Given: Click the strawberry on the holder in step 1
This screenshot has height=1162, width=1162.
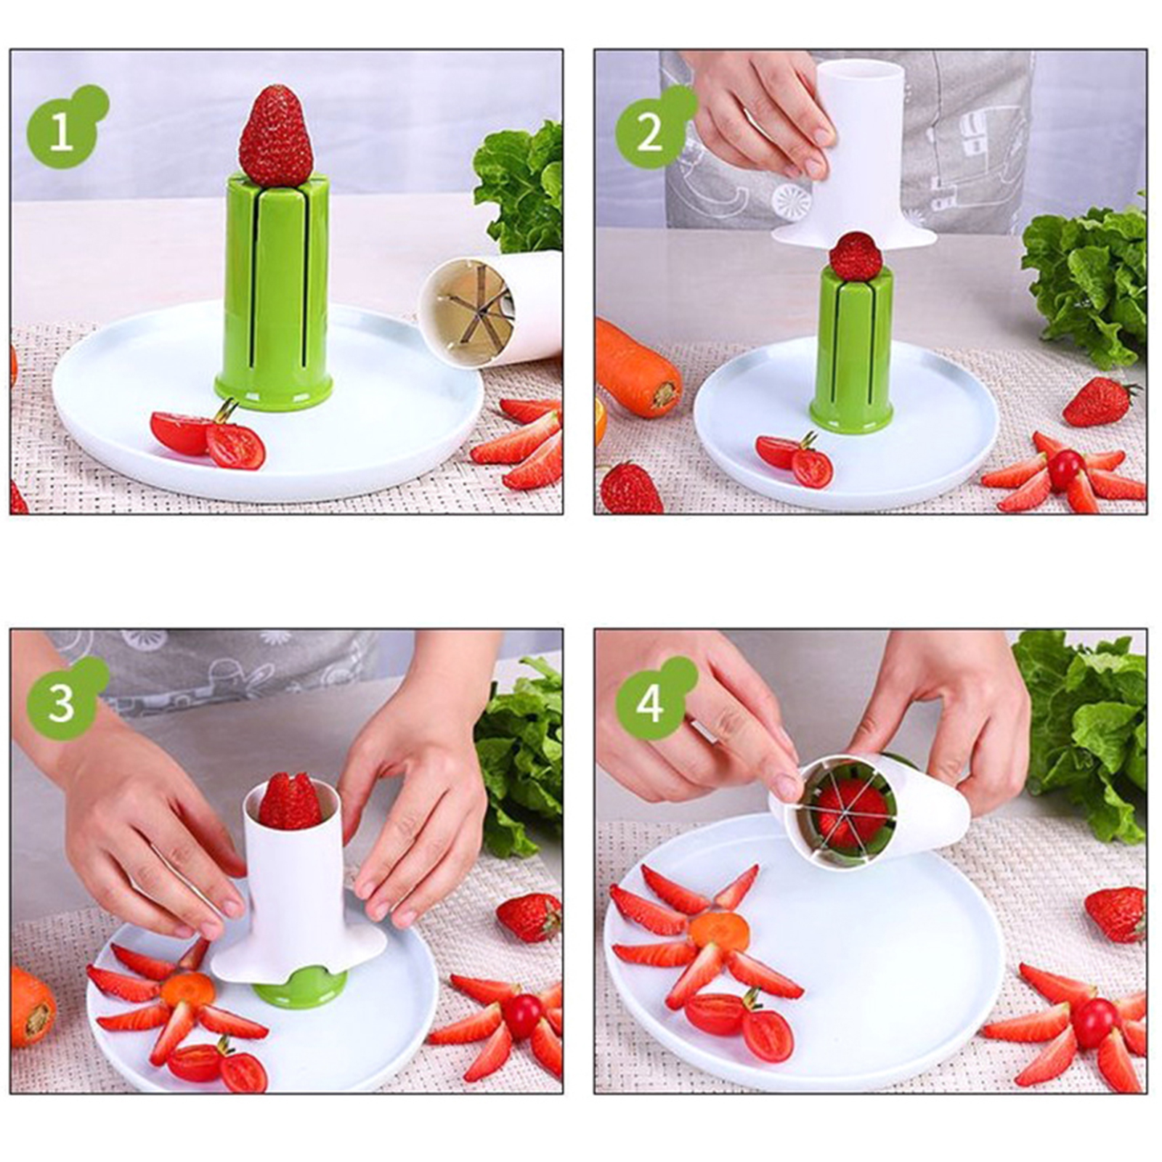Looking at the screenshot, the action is (x=275, y=136).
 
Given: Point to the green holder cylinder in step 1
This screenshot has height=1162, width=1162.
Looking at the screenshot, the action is (x=274, y=290).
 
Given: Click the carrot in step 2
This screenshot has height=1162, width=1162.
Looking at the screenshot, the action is (x=638, y=367).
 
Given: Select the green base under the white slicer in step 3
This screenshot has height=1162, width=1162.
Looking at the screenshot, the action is (x=299, y=986).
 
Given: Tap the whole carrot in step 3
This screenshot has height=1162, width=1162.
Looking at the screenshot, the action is (x=33, y=1006).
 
